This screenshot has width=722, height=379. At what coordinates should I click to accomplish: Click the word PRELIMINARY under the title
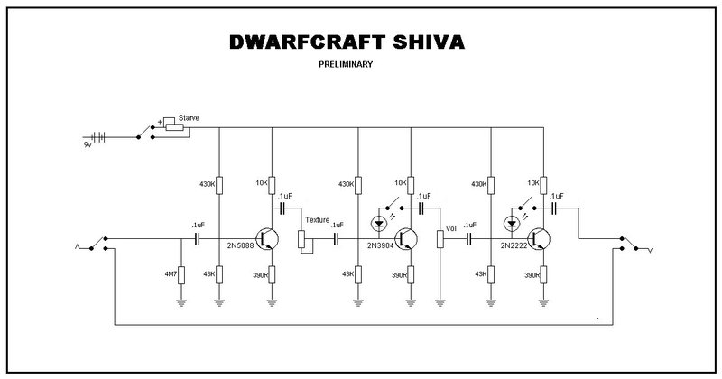(x=346, y=65)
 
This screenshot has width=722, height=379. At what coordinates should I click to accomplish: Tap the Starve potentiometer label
(x=190, y=116)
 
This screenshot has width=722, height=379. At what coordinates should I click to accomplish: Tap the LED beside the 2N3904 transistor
(x=379, y=222)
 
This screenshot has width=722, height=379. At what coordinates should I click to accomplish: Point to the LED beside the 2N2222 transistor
(x=514, y=222)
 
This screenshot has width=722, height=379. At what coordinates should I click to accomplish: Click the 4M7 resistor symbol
(x=180, y=274)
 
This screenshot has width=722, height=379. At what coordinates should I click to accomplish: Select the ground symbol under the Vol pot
(x=440, y=301)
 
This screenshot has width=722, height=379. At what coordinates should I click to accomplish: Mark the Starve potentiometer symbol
(x=173, y=127)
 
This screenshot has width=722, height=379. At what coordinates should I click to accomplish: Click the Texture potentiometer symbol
(x=302, y=238)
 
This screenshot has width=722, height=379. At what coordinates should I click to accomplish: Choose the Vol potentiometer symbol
(x=440, y=239)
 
